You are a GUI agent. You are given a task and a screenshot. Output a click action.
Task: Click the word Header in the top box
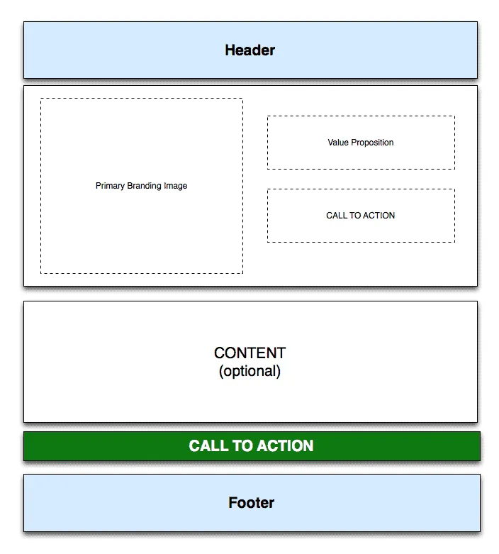click(250, 50)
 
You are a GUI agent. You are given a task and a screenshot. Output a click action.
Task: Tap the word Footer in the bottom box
click(251, 503)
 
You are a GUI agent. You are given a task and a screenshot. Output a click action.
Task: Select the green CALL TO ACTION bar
click(252, 446)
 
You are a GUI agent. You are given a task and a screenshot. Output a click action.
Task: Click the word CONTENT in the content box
click(250, 353)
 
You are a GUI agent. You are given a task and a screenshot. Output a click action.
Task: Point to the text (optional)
click(250, 371)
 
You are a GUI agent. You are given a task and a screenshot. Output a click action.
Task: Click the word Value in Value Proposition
click(338, 143)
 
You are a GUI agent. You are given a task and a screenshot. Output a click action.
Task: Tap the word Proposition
click(372, 143)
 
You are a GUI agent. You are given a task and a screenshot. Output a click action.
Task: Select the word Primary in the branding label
click(110, 186)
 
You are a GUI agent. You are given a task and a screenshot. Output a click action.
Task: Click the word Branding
click(144, 186)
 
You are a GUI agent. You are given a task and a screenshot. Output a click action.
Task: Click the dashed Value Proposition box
click(361, 116)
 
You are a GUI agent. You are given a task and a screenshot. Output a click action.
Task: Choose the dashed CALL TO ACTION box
click(361, 189)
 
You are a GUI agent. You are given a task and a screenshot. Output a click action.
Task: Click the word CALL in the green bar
click(208, 446)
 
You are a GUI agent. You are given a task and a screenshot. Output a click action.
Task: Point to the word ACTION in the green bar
click(285, 446)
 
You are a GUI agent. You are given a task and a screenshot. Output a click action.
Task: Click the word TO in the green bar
click(242, 446)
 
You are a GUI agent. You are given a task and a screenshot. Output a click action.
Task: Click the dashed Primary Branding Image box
click(142, 99)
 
